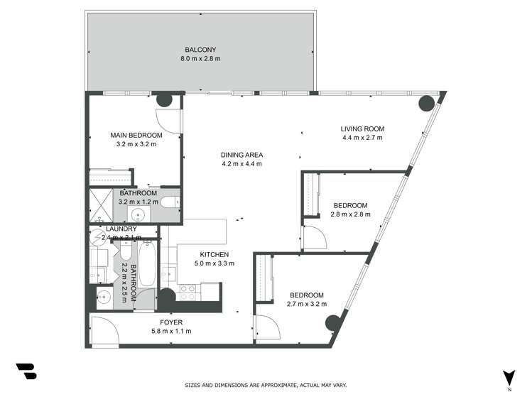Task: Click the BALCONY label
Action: pos(200,49)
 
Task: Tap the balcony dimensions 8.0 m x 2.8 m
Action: pos(200,58)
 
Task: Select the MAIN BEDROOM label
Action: pos(136,135)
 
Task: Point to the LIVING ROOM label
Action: pos(362,129)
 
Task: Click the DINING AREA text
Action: pos(242,155)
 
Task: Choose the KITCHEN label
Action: pos(214,254)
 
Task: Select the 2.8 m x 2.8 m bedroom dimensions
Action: pos(350,215)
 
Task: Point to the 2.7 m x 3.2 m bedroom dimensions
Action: pos(307,304)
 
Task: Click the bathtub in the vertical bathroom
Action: pos(147,264)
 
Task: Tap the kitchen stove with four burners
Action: pos(188,293)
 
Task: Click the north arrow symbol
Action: pos(509,377)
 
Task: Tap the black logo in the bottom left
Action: pos(26,371)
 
